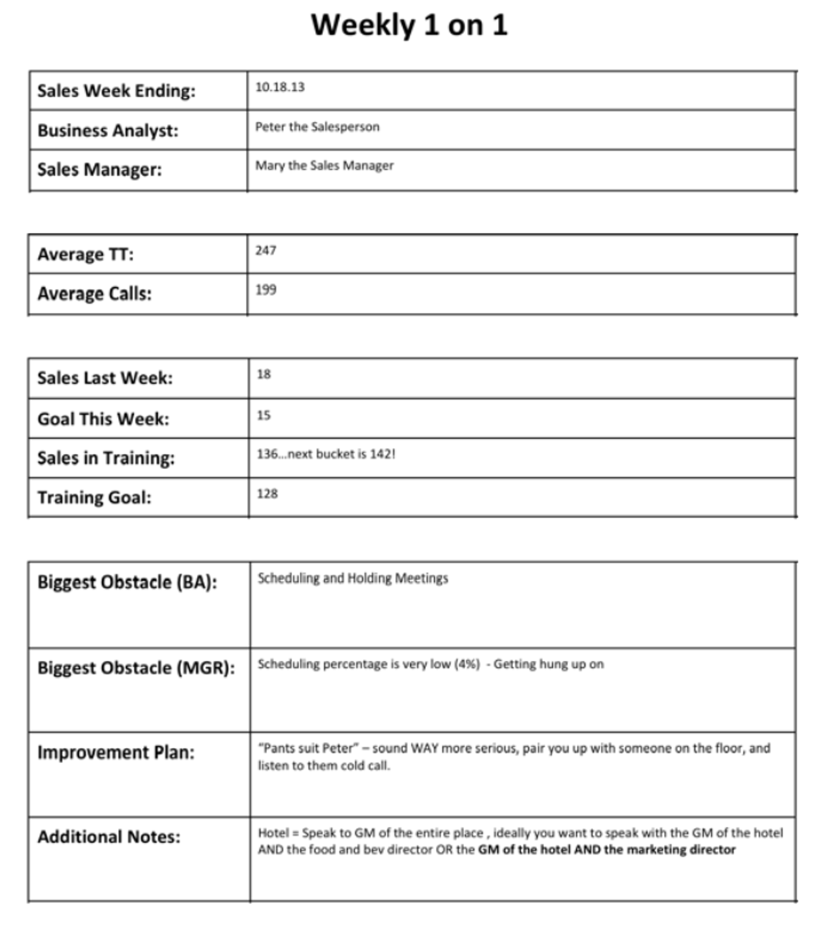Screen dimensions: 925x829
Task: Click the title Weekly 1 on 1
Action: click(409, 25)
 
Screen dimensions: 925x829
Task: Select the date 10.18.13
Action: click(280, 87)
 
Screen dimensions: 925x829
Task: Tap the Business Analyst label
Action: click(108, 130)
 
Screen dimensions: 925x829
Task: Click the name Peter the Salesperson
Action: click(317, 127)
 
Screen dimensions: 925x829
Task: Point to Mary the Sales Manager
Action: click(324, 165)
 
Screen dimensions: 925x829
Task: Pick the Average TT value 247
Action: click(266, 251)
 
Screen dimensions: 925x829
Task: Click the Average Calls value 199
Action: click(266, 290)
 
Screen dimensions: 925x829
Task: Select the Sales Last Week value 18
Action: click(264, 374)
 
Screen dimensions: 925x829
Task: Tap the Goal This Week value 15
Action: click(264, 415)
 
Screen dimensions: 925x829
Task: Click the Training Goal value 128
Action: click(267, 493)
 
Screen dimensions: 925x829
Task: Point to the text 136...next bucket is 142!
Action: click(326, 454)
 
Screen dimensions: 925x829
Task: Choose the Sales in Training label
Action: click(106, 458)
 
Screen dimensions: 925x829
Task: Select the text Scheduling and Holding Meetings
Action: click(353, 578)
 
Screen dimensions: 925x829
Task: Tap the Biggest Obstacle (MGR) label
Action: click(136, 668)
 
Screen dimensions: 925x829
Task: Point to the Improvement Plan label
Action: click(116, 752)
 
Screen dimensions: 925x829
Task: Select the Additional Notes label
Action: click(109, 837)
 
